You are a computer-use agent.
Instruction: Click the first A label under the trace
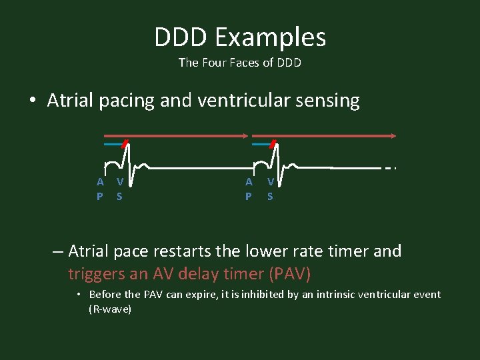tap(100, 181)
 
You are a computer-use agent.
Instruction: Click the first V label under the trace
tap(119, 181)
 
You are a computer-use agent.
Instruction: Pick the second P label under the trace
tap(249, 197)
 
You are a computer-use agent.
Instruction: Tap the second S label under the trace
tap(270, 197)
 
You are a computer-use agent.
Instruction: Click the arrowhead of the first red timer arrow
tap(245, 135)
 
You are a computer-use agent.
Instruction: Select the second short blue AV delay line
tap(262, 144)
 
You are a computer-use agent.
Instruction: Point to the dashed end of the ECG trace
tap(391, 168)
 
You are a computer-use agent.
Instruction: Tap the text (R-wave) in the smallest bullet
tap(110, 310)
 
